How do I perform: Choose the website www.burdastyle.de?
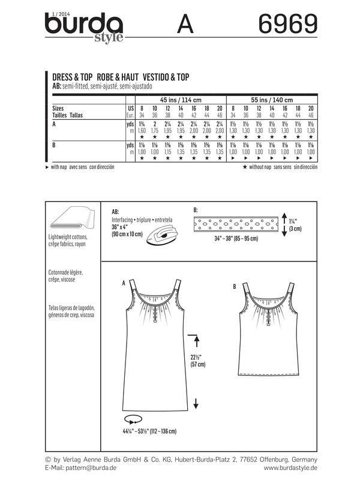coord(290,467)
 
